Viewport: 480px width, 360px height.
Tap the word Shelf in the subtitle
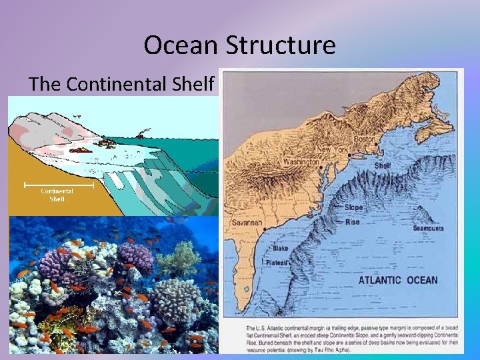pos(193,85)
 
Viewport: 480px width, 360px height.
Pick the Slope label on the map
pos(354,207)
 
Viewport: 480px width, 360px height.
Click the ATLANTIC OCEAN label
pos(398,280)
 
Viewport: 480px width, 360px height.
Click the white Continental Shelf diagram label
pos(57,195)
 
